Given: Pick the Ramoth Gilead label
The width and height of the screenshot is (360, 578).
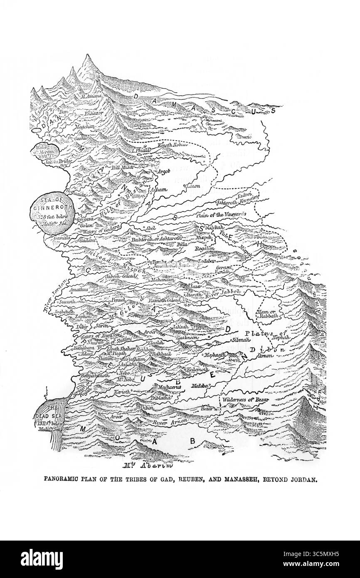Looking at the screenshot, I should [x=165, y=300].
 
